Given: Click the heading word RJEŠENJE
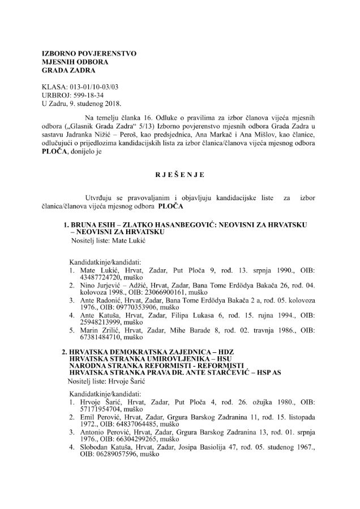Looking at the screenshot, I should point(179,175).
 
